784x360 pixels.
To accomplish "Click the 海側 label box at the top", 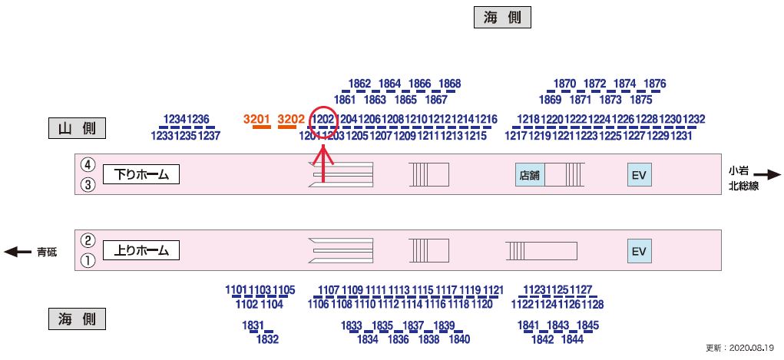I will pyautogui.click(x=502, y=18).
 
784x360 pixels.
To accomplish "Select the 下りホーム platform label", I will pyautogui.click(x=141, y=175).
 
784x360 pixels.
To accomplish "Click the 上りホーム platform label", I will pyautogui.click(x=141, y=250).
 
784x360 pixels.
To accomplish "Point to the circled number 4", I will pyautogui.click(x=88, y=164).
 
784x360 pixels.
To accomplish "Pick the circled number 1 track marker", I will pyautogui.click(x=88, y=261).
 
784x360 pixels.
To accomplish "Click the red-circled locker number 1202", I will pyautogui.click(x=323, y=119).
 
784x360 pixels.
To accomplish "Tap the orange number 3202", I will pyautogui.click(x=292, y=119).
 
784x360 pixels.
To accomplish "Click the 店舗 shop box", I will pyautogui.click(x=529, y=175).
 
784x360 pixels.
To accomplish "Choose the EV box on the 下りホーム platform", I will pyautogui.click(x=640, y=175).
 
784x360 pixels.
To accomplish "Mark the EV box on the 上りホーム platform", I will pyautogui.click(x=640, y=251).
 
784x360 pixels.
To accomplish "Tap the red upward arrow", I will pyautogui.click(x=323, y=163).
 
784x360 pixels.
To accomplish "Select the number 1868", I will pyautogui.click(x=450, y=84).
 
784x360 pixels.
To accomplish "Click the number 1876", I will pyautogui.click(x=655, y=84).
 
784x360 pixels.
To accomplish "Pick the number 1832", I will pyautogui.click(x=267, y=339).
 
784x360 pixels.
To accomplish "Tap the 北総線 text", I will pyautogui.click(x=743, y=186).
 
